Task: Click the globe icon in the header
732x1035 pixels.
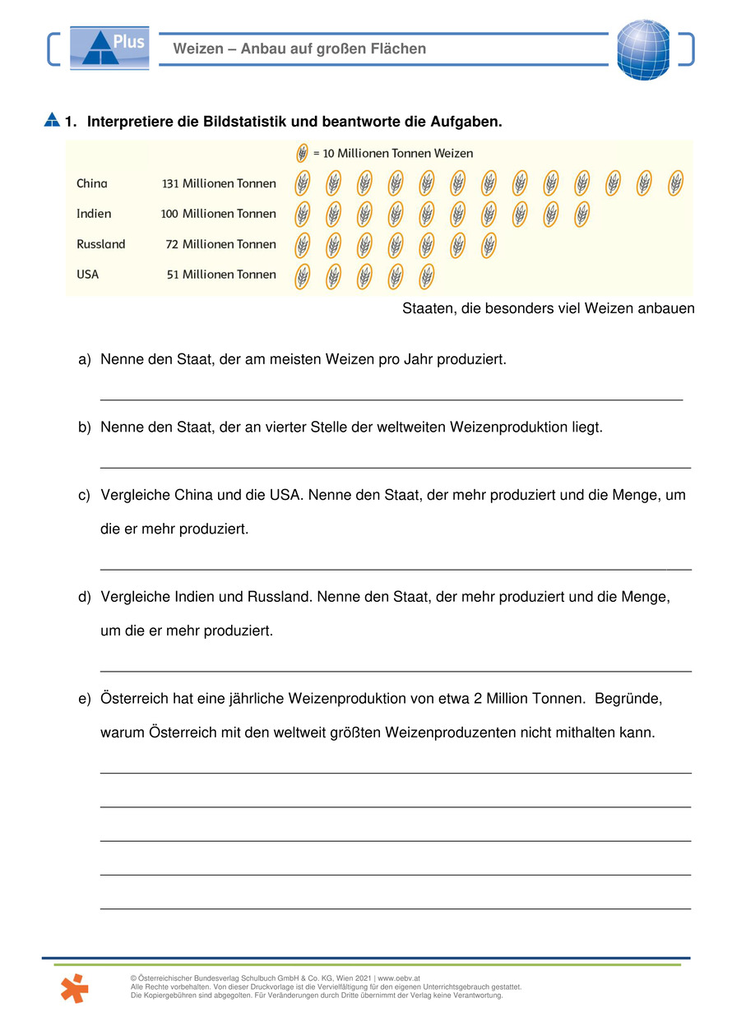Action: click(x=643, y=49)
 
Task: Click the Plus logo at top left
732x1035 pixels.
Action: click(x=109, y=47)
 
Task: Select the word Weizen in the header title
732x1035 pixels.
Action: click(x=198, y=49)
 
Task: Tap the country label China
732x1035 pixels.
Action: click(x=92, y=183)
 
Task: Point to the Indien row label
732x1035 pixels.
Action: click(x=94, y=214)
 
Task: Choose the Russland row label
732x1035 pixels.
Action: click(x=101, y=244)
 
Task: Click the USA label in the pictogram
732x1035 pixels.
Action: click(x=88, y=275)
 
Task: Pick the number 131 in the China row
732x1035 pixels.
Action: click(x=171, y=183)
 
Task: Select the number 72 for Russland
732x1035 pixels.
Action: click(x=171, y=244)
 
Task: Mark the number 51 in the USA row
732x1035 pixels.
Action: click(x=173, y=275)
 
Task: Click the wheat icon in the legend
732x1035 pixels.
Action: click(x=302, y=153)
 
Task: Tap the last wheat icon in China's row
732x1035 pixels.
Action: click(x=676, y=183)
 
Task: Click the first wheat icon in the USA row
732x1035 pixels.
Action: click(x=303, y=275)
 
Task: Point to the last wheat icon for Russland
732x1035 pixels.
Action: click(x=489, y=245)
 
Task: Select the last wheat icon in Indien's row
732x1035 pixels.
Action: click(x=581, y=214)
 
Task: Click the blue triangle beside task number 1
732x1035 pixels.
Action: click(x=52, y=120)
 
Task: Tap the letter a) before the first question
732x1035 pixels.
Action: click(x=84, y=360)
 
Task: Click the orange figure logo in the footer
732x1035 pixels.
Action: click(x=74, y=989)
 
